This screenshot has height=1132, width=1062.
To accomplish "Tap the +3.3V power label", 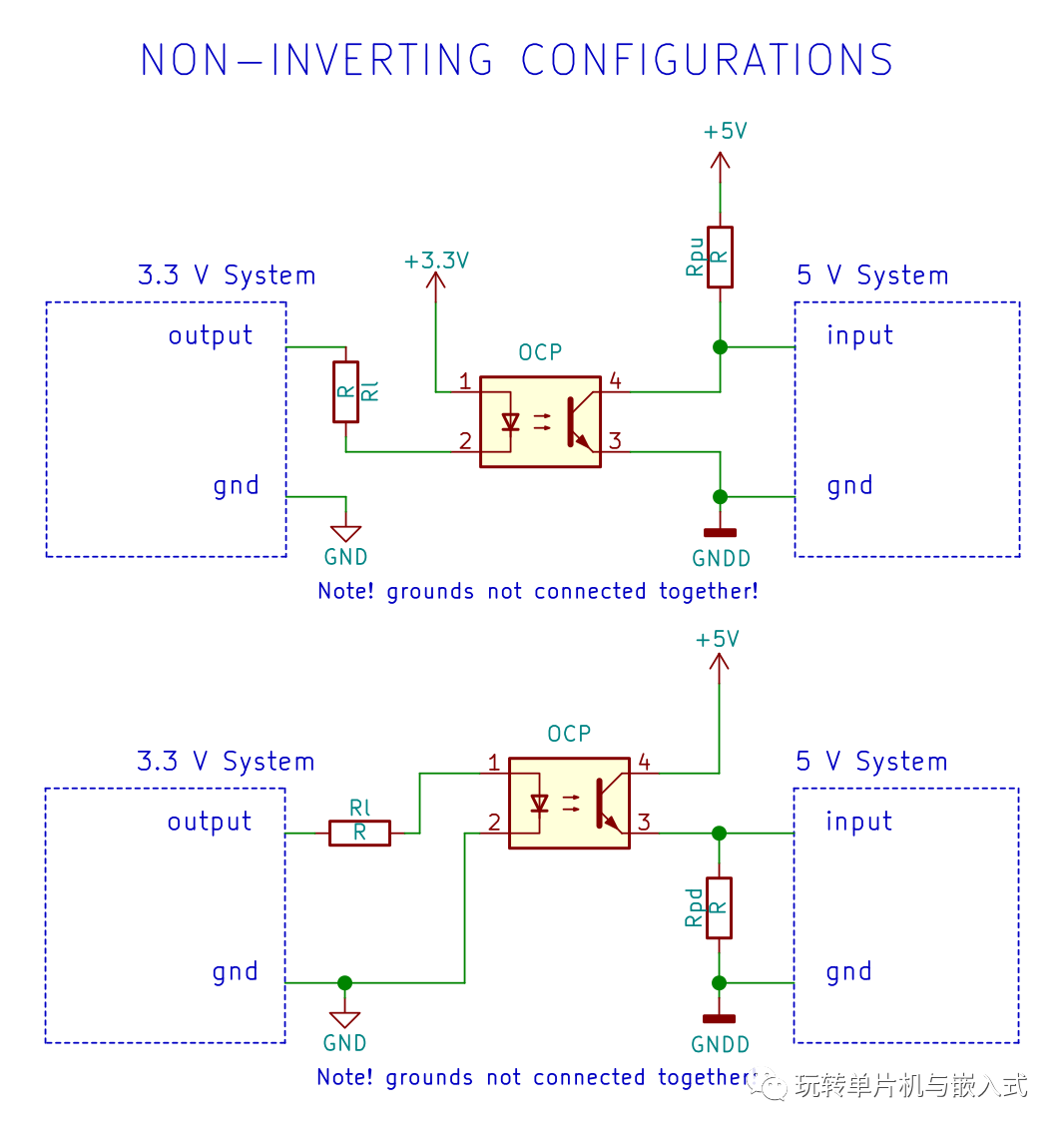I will pyautogui.click(x=436, y=261).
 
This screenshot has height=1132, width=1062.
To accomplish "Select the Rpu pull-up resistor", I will pyautogui.click(x=720, y=258).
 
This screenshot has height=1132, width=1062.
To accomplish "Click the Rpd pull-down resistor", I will pyautogui.click(x=719, y=907).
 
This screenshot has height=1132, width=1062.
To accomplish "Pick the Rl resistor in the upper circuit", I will pyautogui.click(x=345, y=392).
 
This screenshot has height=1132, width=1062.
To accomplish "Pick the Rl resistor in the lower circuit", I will pyautogui.click(x=359, y=833).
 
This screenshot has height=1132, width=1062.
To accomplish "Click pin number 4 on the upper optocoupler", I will pyautogui.click(x=615, y=380).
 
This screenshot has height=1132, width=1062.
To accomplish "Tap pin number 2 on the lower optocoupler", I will pyautogui.click(x=493, y=823).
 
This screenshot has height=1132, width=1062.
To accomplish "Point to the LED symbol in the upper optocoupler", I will pyautogui.click(x=511, y=421).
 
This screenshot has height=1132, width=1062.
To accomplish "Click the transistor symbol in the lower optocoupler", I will pyautogui.click(x=605, y=804).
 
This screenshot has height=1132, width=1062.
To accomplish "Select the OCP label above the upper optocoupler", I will pyautogui.click(x=540, y=352).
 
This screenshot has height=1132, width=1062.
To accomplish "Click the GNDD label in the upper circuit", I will pyautogui.click(x=721, y=558).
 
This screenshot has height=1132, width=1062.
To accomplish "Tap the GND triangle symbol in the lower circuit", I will pyautogui.click(x=344, y=1019).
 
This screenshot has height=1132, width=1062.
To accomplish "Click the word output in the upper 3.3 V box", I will pyautogui.click(x=211, y=335).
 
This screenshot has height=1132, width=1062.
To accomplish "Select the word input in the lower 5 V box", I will pyautogui.click(x=858, y=822).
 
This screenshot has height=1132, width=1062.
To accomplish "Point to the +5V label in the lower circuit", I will pyautogui.click(x=718, y=639).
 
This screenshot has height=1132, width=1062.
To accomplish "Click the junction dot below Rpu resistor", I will pyautogui.click(x=720, y=347).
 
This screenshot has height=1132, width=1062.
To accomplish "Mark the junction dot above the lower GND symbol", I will pyautogui.click(x=344, y=983).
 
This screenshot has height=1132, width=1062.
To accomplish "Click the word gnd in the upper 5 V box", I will pyautogui.click(x=849, y=486).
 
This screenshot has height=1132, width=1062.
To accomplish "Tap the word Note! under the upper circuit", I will pyautogui.click(x=345, y=591).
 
